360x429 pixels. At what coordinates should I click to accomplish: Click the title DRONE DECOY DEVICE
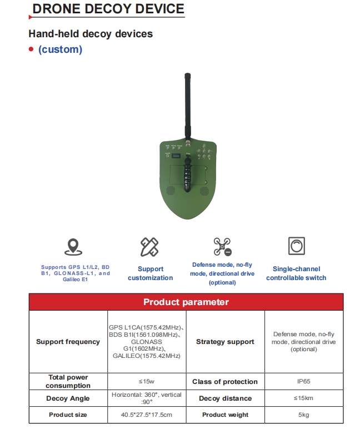point(108,9)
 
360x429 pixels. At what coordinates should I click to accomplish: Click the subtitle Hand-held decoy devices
point(91,34)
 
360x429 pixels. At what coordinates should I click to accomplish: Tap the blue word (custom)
point(60,49)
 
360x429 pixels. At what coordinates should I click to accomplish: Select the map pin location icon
point(72,247)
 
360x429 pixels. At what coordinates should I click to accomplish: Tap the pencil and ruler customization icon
point(149,246)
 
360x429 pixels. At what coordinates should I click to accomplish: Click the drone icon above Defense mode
point(222,246)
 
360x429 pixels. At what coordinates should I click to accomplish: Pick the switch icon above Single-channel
point(296,246)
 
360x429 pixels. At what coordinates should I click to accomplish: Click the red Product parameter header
point(186,302)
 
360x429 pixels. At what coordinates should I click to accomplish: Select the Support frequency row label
point(68,342)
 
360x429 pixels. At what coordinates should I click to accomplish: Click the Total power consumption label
point(68,381)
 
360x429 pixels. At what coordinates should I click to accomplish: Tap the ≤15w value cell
point(147,381)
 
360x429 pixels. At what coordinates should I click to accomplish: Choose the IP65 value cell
point(303,381)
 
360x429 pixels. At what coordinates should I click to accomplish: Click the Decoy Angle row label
point(68,398)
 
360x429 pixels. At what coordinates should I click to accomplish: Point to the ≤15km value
point(303,398)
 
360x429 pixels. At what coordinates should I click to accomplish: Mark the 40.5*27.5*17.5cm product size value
point(147,415)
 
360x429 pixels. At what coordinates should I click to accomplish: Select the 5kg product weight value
point(303,415)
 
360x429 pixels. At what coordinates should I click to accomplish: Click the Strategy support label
point(225,342)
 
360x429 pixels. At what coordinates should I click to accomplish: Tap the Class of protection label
point(225,382)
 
